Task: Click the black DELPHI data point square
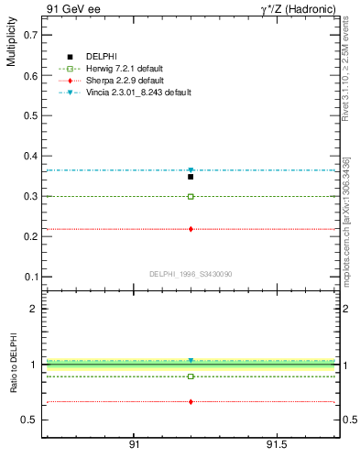pos(191,176)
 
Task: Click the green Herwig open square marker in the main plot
pos(191,196)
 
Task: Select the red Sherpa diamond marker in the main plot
pos(191,229)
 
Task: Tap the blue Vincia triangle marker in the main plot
pos(191,170)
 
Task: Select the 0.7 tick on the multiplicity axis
pos(31,35)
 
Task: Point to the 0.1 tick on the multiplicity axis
pos(31,277)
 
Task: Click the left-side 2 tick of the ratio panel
pos(34,309)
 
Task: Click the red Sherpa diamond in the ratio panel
pos(191,401)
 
